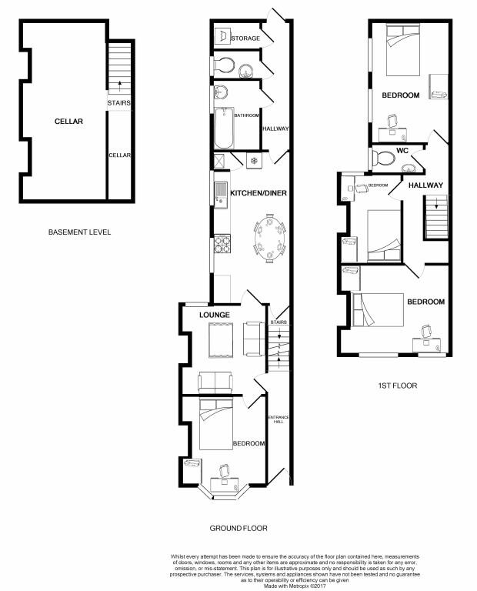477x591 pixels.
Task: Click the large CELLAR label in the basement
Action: pyautogui.click(x=68, y=122)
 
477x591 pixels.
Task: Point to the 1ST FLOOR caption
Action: pyautogui.click(x=399, y=386)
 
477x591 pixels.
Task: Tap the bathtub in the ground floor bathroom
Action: pyautogui.click(x=222, y=128)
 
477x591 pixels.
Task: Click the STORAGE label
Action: pyautogui.click(x=245, y=38)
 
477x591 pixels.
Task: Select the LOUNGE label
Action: pyautogui.click(x=215, y=316)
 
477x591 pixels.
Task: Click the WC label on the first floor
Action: pyautogui.click(x=402, y=151)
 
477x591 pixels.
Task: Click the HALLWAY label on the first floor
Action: pyautogui.click(x=425, y=185)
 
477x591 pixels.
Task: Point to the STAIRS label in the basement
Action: pyautogui.click(x=119, y=102)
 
